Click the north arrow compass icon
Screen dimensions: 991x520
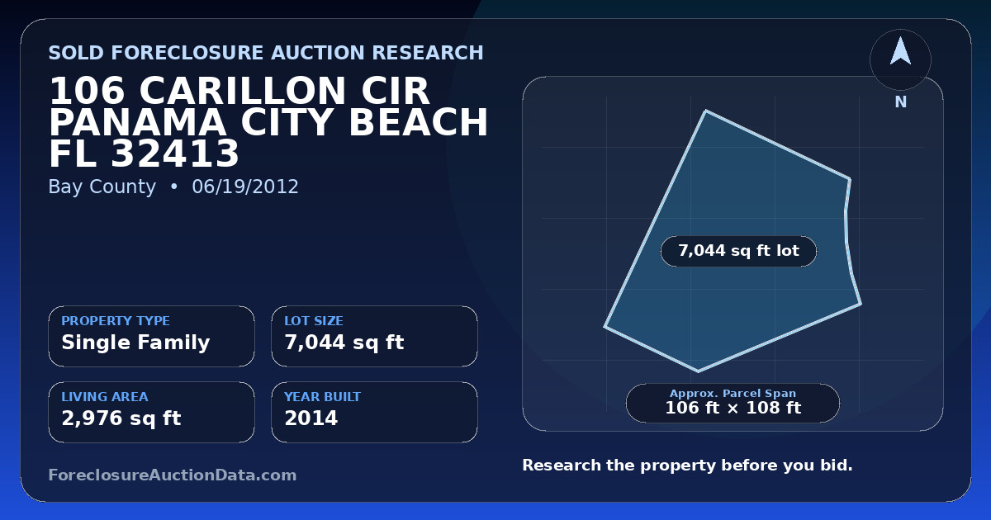(x=900, y=59)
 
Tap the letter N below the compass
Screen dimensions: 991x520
(x=901, y=102)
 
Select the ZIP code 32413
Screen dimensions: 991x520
(x=175, y=154)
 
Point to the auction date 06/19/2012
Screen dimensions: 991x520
(x=245, y=187)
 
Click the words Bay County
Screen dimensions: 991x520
(x=102, y=187)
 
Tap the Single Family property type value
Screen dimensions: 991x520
(x=135, y=343)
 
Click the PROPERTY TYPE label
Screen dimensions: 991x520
(x=116, y=320)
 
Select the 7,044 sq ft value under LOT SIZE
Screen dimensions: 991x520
(x=344, y=343)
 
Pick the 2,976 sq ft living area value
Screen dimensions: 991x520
(x=121, y=418)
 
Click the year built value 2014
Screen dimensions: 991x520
(x=311, y=418)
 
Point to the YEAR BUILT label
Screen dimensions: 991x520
(x=323, y=397)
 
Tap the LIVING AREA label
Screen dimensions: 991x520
(x=105, y=397)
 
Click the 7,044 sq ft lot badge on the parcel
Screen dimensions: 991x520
(x=738, y=251)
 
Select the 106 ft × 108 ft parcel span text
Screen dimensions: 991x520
(x=733, y=408)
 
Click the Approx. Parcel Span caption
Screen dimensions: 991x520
(x=733, y=393)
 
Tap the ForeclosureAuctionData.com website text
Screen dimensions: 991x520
(x=173, y=475)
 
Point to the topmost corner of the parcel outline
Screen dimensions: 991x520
(x=705, y=111)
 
